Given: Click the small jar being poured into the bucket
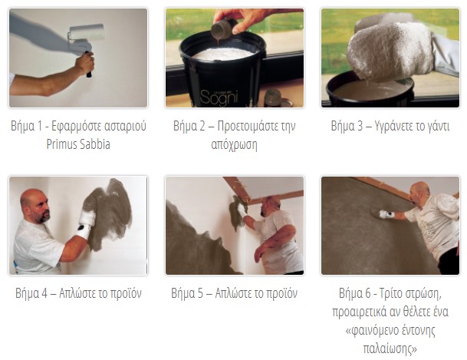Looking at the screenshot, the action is tap(224, 28).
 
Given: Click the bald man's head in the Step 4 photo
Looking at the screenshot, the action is tap(35, 206).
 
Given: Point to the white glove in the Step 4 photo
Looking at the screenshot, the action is tap(87, 221).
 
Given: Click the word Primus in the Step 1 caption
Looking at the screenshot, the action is tap(61, 144).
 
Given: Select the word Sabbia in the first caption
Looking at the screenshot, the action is tap(94, 144).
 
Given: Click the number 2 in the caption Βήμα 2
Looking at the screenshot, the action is tap(202, 126).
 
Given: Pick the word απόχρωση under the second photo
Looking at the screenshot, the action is tap(234, 145).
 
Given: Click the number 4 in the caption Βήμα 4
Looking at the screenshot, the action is tap(44, 293).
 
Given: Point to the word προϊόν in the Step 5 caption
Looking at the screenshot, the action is tap(281, 293).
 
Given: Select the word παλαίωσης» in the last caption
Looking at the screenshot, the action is tap(390, 348).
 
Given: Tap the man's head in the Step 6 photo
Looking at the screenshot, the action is tap(419, 193).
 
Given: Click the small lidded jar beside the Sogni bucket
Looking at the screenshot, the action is tap(275, 97).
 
